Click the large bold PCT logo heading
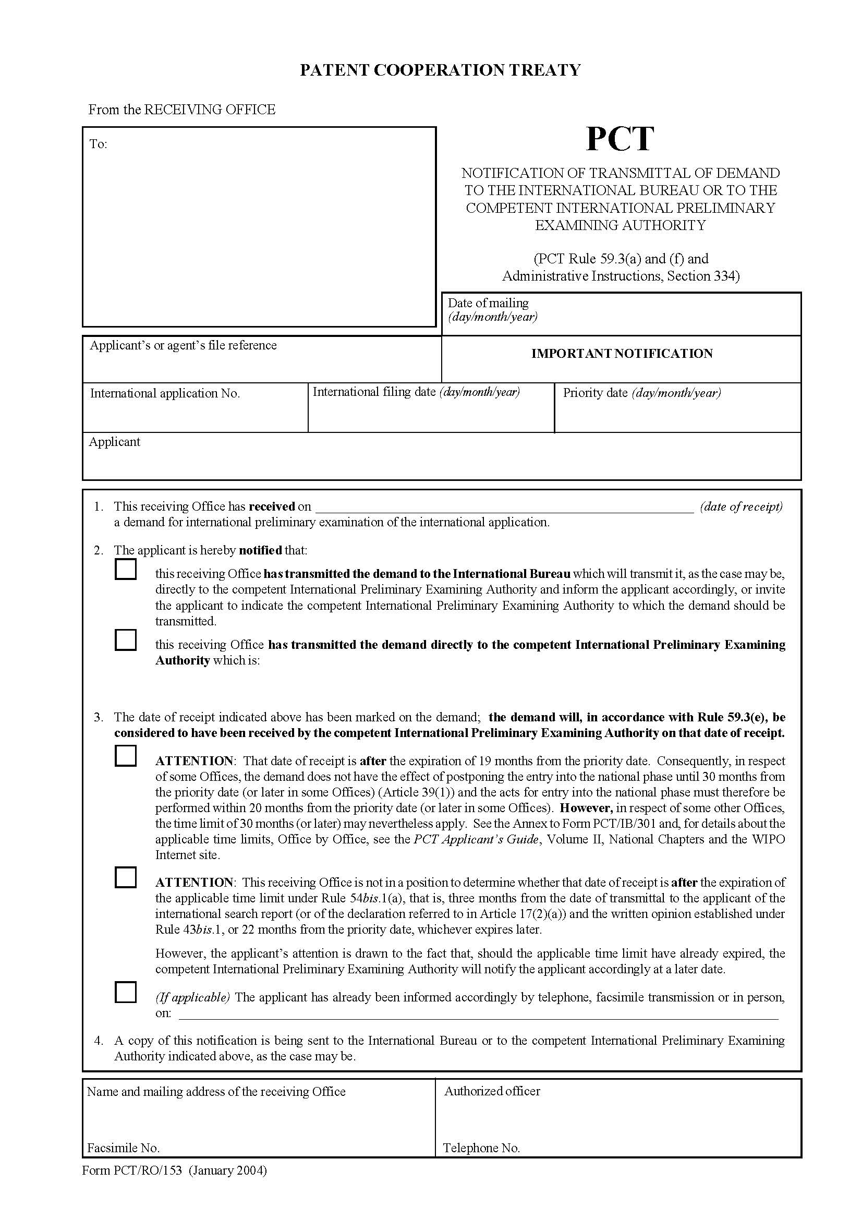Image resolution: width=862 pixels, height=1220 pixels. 620,139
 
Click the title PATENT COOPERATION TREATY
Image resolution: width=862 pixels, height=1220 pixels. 440,70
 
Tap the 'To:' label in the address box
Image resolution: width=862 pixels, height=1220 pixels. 98,144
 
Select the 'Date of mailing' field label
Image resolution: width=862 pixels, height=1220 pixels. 488,303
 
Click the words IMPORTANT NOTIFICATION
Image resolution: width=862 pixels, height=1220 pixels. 622,354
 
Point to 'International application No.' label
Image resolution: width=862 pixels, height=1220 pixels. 165,393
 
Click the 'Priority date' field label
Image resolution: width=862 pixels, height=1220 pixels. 595,393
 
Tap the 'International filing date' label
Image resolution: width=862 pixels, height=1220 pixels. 374,392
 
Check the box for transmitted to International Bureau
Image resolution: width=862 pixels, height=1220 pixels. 125,570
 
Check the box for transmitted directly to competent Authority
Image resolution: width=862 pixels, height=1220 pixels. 125,641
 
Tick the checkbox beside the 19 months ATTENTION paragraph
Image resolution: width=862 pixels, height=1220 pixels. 125,756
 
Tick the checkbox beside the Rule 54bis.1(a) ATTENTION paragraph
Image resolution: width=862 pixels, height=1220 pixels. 125,877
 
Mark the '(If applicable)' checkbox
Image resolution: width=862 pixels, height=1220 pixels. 125,992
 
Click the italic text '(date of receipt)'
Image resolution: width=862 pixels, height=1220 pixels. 741,506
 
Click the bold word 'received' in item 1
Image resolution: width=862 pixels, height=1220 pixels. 271,506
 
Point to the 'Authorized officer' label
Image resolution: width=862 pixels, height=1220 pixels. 492,1091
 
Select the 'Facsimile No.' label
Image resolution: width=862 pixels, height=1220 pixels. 123,1147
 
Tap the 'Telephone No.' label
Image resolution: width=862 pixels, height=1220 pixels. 481,1147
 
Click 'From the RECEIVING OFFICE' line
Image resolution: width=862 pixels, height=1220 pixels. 181,110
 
